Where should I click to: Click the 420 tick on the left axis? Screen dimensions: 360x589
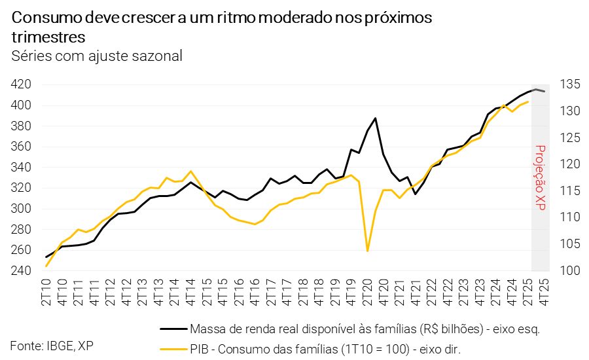tap(22, 84)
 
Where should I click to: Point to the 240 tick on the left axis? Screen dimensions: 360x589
tap(22, 271)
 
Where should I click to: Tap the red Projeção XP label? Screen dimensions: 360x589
tap(540, 177)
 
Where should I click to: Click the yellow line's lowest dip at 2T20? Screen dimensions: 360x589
tap(368, 251)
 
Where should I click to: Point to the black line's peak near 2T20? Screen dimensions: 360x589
tap(376, 118)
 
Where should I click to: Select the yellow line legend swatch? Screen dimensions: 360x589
tap(173, 349)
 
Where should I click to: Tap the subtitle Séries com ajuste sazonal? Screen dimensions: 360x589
tap(97, 56)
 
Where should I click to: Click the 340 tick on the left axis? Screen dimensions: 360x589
tap(22, 168)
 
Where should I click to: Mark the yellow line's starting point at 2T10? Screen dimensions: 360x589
tap(46, 266)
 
